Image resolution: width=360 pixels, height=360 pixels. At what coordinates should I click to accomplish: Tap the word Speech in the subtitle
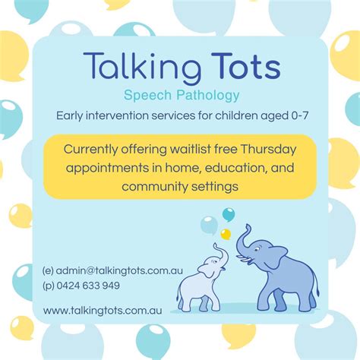(147, 96)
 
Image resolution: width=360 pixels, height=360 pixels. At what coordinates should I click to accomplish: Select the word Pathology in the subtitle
(208, 96)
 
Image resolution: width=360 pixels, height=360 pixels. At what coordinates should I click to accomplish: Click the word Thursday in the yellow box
(268, 150)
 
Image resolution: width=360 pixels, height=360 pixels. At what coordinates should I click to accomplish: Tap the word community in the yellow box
(155, 187)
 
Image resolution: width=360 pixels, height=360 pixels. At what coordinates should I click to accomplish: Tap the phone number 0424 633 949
(88, 286)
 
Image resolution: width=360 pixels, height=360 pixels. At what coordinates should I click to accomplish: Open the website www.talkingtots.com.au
(103, 311)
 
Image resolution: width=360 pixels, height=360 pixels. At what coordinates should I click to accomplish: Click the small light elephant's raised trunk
(222, 254)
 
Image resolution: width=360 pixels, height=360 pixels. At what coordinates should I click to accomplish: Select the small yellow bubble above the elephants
(226, 234)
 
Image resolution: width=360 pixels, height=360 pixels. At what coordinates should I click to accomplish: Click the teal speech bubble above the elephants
(229, 214)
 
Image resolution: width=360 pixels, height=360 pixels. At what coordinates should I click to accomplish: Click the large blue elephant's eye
(257, 250)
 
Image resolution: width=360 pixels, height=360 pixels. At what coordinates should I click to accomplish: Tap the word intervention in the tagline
(117, 115)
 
